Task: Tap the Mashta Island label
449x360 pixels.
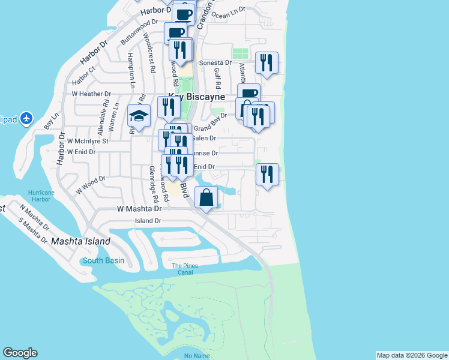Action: (80, 241)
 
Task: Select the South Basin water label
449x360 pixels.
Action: (103, 260)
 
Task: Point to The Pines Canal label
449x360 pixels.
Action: (184, 269)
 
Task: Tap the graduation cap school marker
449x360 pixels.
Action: (139, 116)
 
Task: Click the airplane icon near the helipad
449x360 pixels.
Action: (26, 119)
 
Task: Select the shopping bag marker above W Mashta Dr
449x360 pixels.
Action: (206, 197)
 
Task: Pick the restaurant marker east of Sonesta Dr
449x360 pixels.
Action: (266, 62)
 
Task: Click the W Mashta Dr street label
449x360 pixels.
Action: (139, 209)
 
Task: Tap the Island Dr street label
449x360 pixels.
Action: (148, 221)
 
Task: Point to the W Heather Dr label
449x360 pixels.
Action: (91, 94)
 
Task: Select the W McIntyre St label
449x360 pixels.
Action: (87, 141)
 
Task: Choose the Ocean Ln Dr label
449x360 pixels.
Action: (229, 13)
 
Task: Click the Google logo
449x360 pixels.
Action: (20, 353)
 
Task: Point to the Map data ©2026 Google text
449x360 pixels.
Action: (411, 355)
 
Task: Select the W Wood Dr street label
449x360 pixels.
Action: (90, 186)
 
